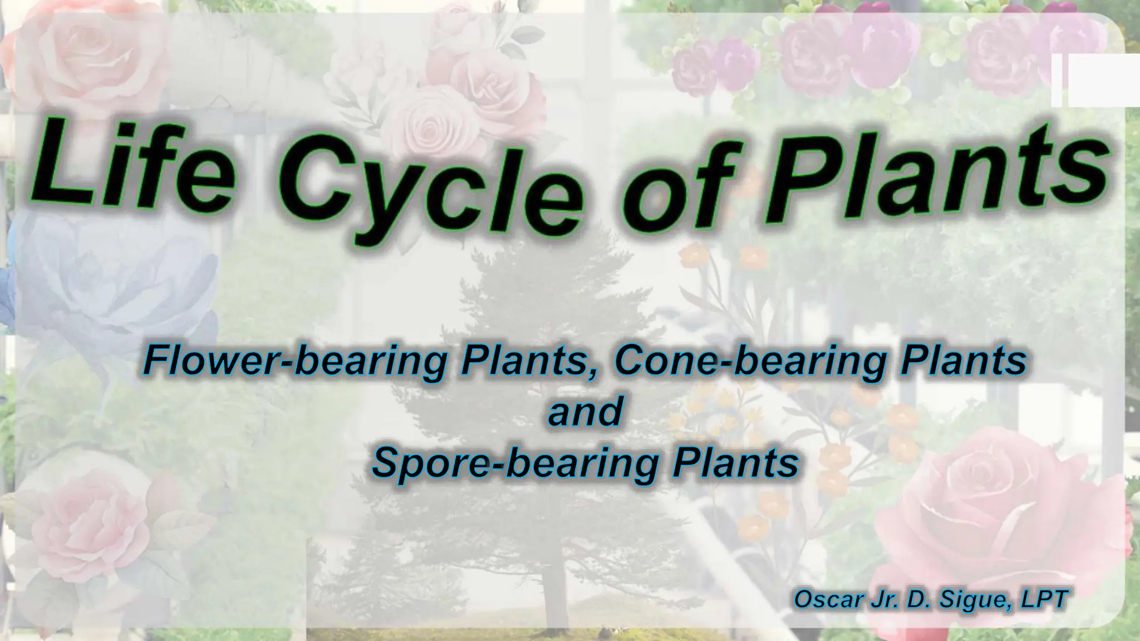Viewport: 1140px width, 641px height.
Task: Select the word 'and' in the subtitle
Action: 584,412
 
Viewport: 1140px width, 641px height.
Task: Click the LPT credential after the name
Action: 1044,599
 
